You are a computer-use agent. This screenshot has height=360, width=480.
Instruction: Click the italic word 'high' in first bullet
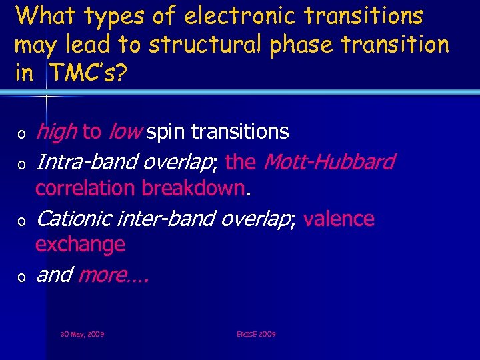56,132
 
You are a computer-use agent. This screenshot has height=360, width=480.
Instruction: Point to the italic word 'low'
123,132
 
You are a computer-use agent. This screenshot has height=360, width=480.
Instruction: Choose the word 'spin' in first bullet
167,133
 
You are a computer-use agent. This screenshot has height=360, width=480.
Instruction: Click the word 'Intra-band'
86,162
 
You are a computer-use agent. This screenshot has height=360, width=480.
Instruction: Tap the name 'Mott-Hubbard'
329,161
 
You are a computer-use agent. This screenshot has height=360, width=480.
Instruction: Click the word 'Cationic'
73,219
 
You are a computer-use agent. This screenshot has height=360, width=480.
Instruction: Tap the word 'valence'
339,219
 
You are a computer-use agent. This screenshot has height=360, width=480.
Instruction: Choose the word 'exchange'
80,245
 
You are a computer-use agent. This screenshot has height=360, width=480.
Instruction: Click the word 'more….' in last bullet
113,275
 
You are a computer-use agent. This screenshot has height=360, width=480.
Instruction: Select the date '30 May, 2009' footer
82,333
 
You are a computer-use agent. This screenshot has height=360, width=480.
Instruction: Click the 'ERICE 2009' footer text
256,333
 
